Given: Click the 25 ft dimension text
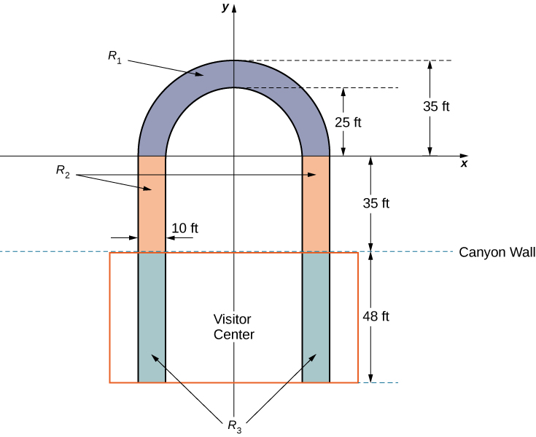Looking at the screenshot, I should [347, 122].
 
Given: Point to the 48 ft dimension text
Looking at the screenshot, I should [376, 316].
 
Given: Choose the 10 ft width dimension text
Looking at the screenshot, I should [184, 228].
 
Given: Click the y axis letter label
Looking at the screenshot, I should [226, 7].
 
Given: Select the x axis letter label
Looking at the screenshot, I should [464, 164].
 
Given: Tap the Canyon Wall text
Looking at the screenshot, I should [497, 253].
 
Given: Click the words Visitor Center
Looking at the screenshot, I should [233, 327].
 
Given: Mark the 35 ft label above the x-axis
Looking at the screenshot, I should [436, 106].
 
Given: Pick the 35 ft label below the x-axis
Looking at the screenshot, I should [376, 203].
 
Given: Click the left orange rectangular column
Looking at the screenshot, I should [152, 204].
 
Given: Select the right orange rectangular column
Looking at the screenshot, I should [316, 204].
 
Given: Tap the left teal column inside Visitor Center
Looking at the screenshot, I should [152, 317].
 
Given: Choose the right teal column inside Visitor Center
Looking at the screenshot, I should [316, 317].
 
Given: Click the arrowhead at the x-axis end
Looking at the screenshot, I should [464, 155].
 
